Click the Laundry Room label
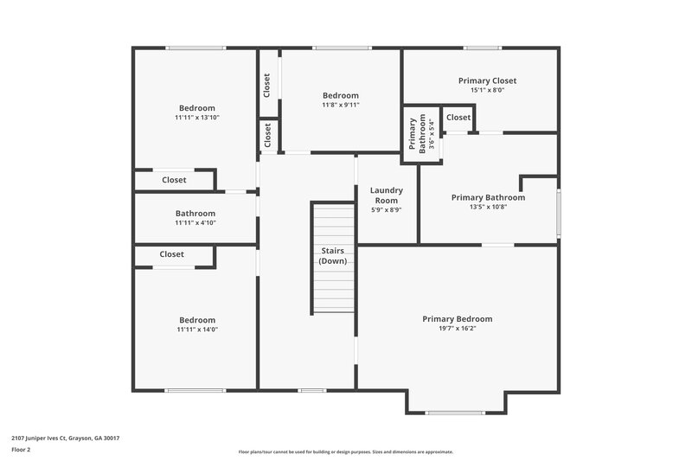click(386, 195)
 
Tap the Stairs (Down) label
click(333, 255)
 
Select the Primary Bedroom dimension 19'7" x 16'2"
click(457, 330)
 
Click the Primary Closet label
click(481, 80)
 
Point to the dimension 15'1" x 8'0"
click(481, 90)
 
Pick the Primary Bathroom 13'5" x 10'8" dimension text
click(488, 207)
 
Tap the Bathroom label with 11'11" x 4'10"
click(195, 213)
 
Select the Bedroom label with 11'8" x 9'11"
click(340, 95)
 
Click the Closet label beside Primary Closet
click(458, 118)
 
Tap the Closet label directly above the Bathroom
click(174, 180)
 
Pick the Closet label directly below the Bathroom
click(171, 254)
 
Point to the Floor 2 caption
click(21, 450)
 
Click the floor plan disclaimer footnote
click(345, 451)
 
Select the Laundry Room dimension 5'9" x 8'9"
click(386, 209)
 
